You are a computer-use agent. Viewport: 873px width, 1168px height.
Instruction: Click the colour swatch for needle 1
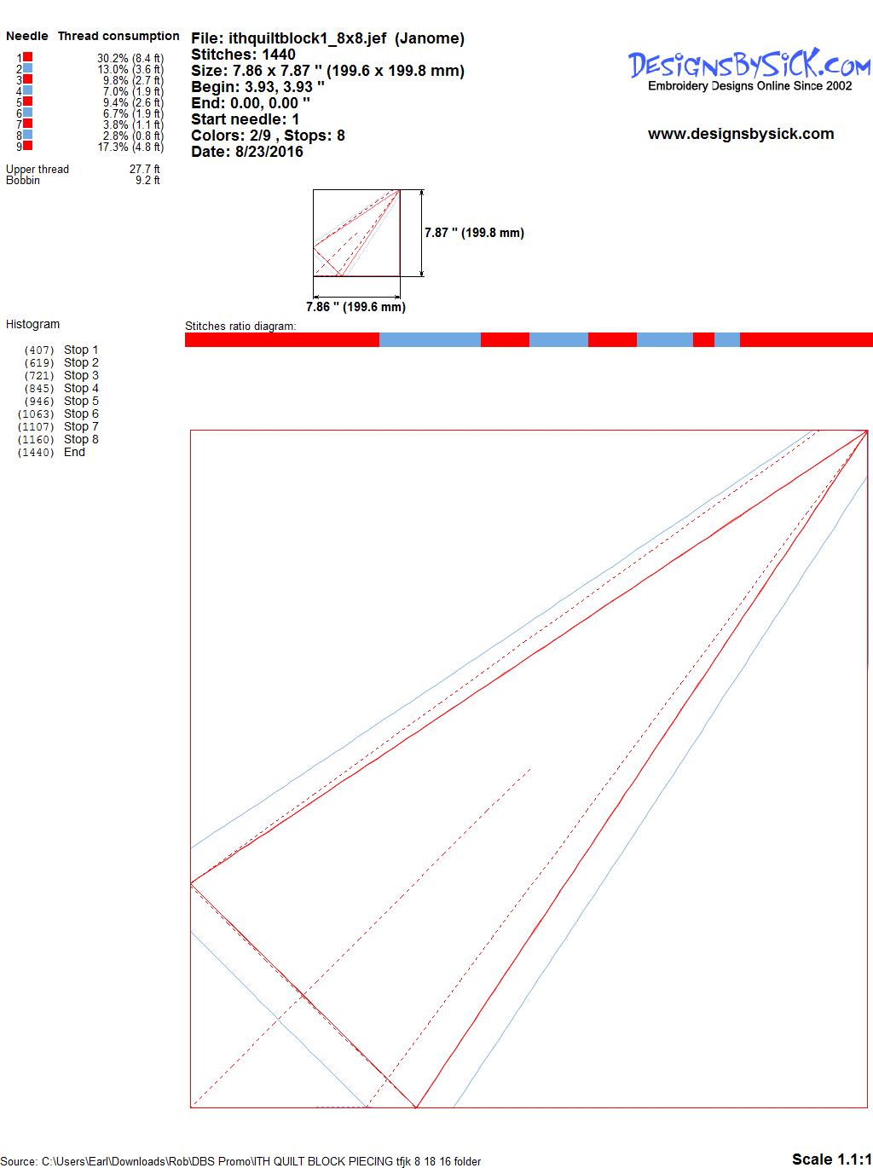click(x=27, y=57)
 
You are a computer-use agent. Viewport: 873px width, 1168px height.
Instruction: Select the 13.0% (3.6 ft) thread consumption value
click(x=130, y=69)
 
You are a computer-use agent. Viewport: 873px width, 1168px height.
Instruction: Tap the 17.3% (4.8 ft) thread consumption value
click(x=130, y=147)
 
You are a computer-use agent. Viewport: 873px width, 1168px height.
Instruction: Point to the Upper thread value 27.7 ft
click(x=144, y=169)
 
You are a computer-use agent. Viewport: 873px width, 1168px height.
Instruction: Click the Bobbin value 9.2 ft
click(x=147, y=181)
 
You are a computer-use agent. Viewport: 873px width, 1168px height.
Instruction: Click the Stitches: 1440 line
click(x=243, y=55)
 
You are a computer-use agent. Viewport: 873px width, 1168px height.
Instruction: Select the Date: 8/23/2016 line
click(x=247, y=152)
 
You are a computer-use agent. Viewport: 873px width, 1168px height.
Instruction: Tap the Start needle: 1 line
click(x=245, y=119)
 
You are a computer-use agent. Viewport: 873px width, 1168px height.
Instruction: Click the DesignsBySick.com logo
click(x=749, y=70)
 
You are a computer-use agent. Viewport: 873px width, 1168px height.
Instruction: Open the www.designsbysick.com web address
click(x=741, y=134)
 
